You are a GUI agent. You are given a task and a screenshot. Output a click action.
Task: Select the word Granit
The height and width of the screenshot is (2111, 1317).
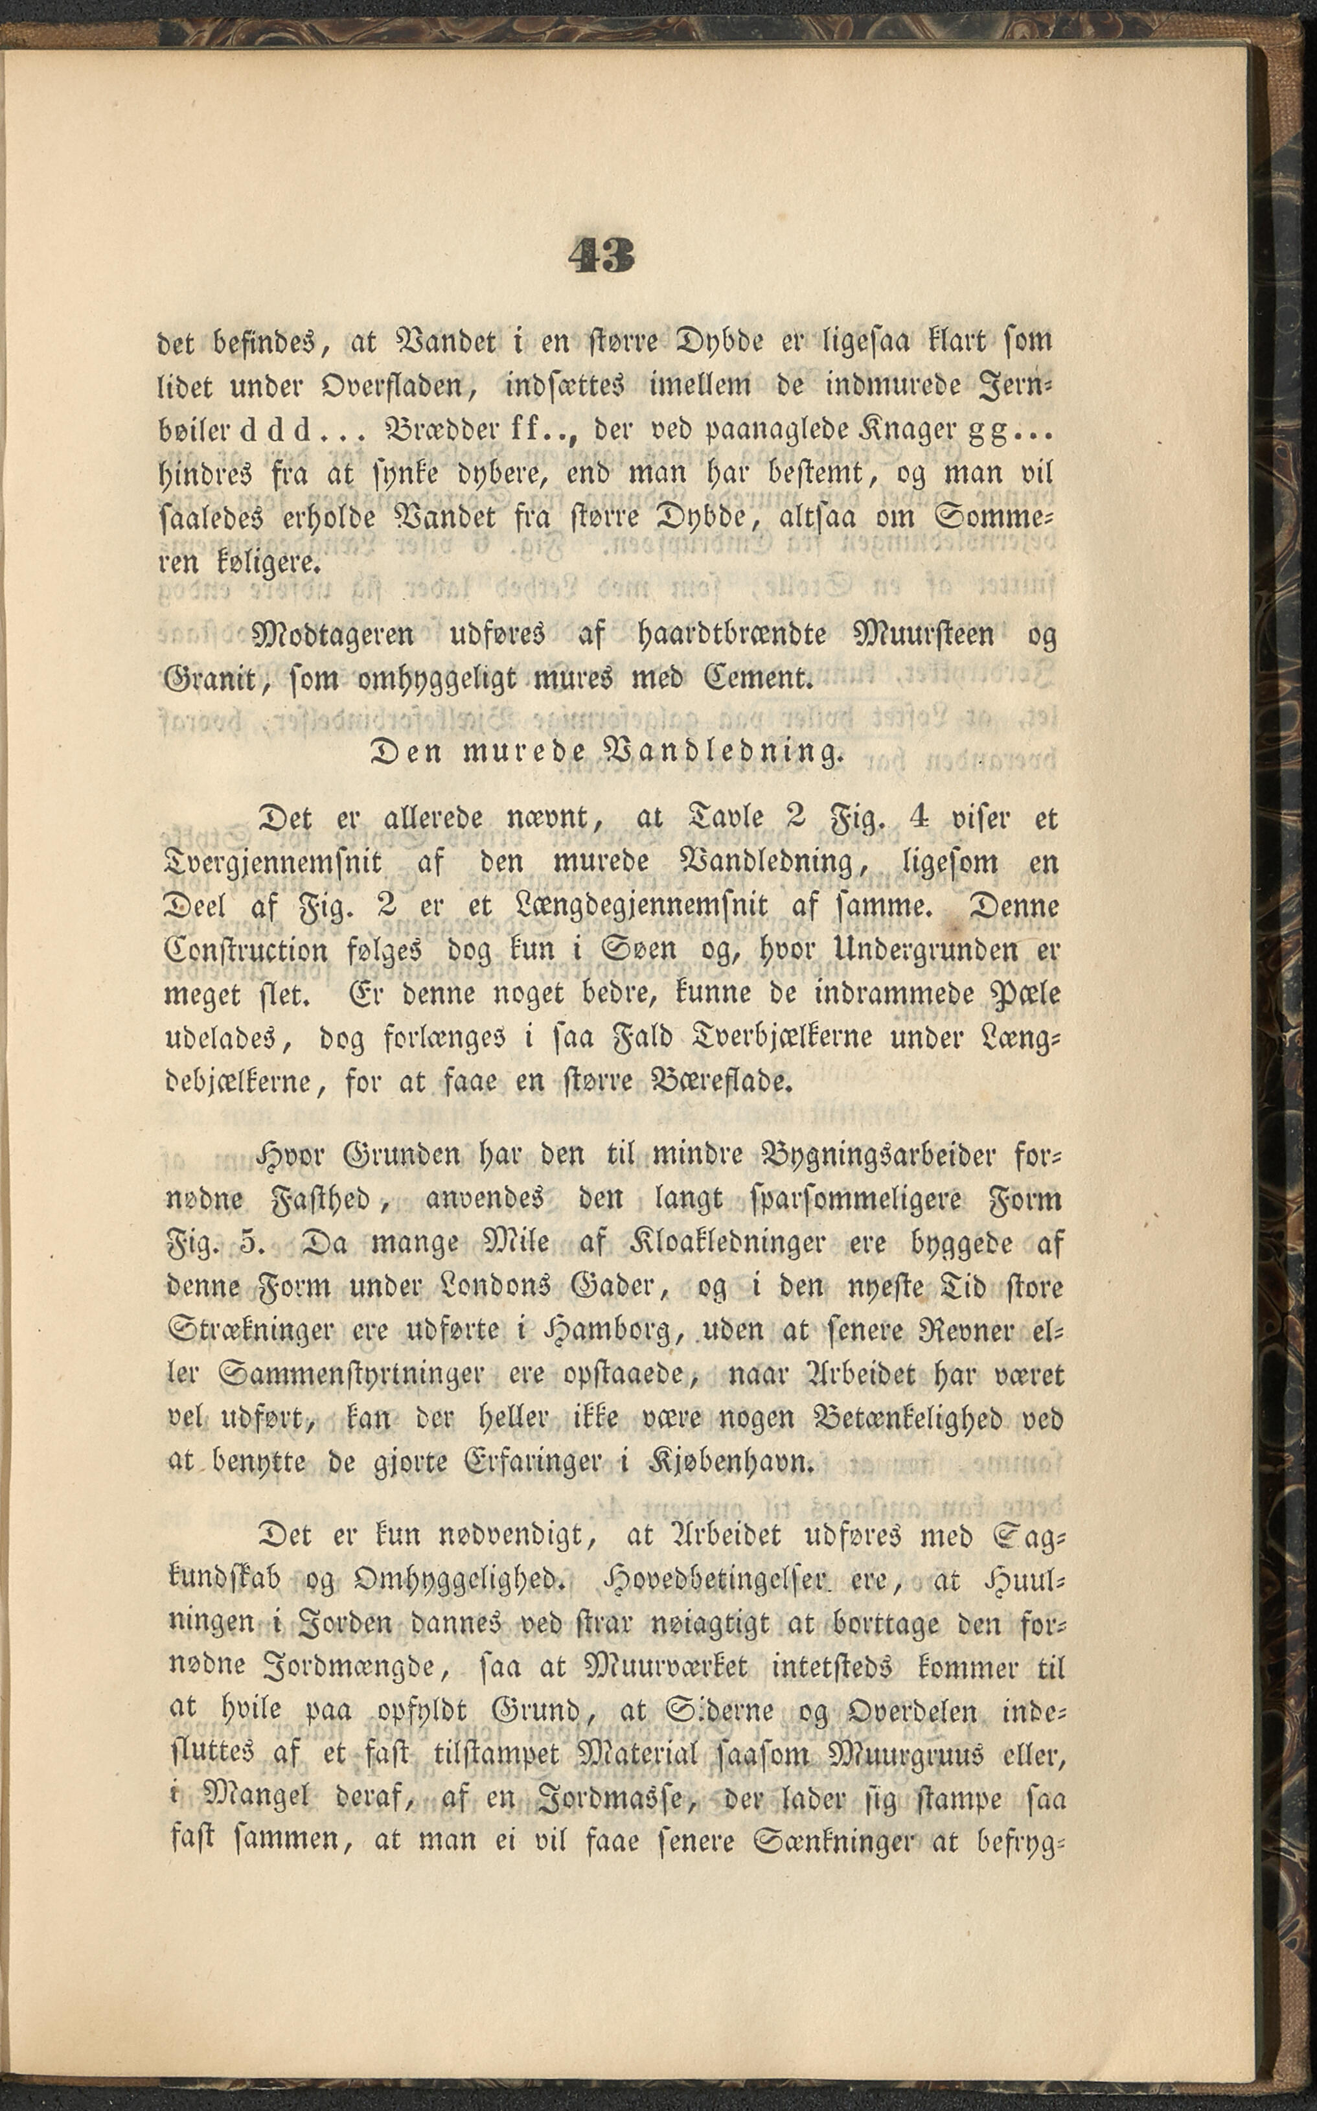[209, 678]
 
